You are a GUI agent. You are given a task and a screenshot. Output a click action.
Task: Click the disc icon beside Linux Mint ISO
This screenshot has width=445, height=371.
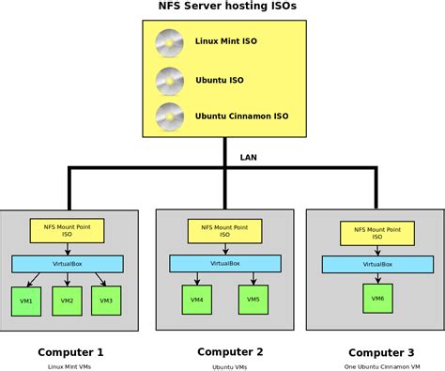click(x=170, y=43)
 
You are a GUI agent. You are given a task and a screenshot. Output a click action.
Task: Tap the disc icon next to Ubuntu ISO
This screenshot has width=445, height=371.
click(x=170, y=81)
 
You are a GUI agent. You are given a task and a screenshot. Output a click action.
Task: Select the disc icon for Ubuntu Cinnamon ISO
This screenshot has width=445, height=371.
click(x=170, y=117)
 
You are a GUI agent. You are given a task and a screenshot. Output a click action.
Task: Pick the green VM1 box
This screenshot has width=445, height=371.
click(x=25, y=301)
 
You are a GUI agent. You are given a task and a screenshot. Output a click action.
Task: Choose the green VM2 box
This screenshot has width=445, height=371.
click(x=66, y=301)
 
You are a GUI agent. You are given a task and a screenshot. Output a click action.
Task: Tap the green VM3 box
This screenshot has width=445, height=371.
click(x=106, y=301)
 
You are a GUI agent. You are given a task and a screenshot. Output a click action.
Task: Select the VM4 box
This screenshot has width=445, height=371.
click(x=196, y=300)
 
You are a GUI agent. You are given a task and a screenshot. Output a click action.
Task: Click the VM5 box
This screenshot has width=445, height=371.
click(x=253, y=300)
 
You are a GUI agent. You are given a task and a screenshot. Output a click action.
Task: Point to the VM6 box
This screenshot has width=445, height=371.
click(x=376, y=298)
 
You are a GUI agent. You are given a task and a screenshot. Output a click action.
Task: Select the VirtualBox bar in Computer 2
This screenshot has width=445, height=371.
click(x=223, y=264)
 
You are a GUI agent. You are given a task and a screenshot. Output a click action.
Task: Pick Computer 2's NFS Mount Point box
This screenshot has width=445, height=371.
click(x=223, y=230)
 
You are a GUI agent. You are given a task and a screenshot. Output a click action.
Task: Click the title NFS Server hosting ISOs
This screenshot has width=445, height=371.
click(x=222, y=8)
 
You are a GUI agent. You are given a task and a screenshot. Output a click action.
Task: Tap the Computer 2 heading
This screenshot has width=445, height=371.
click(x=230, y=351)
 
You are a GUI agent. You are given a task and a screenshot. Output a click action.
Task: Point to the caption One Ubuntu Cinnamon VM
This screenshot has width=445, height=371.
click(x=380, y=366)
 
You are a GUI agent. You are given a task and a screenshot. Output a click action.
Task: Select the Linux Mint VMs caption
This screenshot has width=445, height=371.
click(x=70, y=366)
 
